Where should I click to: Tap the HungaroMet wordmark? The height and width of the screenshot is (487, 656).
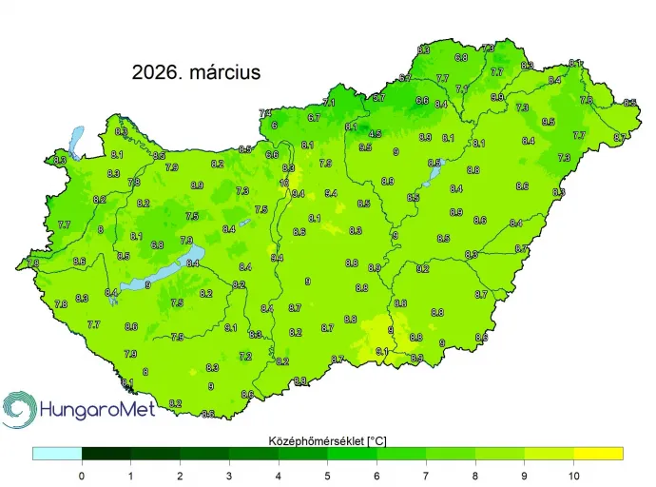click(95, 412)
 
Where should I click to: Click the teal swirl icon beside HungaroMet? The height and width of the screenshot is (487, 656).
click(19, 410)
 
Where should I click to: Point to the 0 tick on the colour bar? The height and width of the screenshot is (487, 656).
click(82, 474)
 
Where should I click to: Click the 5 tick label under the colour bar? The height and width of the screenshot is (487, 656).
click(328, 474)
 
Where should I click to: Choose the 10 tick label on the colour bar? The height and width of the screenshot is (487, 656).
click(573, 474)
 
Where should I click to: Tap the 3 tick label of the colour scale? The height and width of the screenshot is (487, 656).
click(229, 474)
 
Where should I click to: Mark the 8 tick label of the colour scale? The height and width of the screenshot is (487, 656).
click(475, 474)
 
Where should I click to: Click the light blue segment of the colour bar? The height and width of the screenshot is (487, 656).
click(57, 454)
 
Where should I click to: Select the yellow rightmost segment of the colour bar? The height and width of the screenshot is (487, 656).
click(598, 454)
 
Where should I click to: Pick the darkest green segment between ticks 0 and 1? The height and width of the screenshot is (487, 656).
click(106, 454)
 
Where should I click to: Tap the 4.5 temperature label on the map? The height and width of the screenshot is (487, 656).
click(376, 134)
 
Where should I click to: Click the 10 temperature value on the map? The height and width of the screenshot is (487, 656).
click(284, 183)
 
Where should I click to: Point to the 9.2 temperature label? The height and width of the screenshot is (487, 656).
click(423, 269)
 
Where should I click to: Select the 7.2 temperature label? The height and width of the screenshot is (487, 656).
click(245, 357)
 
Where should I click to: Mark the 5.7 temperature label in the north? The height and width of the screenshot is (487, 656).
click(378, 98)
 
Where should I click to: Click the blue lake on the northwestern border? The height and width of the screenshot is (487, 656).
click(76, 143)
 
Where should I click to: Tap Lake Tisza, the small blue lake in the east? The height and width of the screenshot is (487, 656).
click(434, 164)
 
